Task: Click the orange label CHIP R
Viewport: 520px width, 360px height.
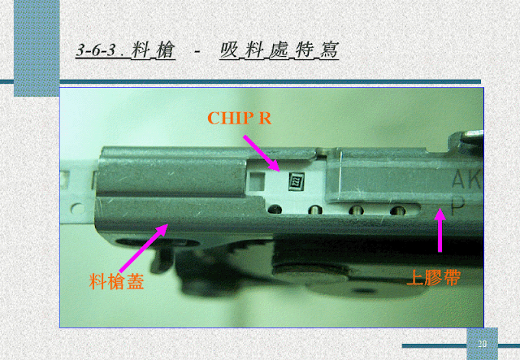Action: click(240, 118)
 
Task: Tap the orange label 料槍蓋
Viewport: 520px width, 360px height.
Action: click(116, 282)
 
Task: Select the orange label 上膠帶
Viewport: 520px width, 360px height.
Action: click(433, 277)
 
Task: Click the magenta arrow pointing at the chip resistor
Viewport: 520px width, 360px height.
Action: click(262, 153)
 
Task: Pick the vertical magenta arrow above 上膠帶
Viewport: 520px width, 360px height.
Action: click(440, 230)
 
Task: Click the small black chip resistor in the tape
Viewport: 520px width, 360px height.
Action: click(296, 181)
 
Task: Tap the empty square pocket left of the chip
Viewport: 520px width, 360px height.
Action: click(258, 182)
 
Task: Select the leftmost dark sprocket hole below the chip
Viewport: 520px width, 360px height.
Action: click(275, 209)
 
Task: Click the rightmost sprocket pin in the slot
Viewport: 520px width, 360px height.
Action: click(397, 210)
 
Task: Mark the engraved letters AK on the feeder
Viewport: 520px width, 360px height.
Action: click(466, 179)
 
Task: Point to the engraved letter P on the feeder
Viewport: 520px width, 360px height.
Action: click(458, 206)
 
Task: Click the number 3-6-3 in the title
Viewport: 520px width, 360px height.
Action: click(96, 50)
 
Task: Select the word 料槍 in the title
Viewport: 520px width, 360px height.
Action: click(153, 50)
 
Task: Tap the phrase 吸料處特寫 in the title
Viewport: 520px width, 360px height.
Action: click(279, 50)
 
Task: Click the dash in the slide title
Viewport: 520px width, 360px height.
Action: click(197, 51)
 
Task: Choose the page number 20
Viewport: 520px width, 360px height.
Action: click(482, 344)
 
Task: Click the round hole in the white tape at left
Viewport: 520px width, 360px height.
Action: click(78, 209)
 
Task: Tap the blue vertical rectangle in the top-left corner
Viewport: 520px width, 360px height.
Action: click(37, 48)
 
